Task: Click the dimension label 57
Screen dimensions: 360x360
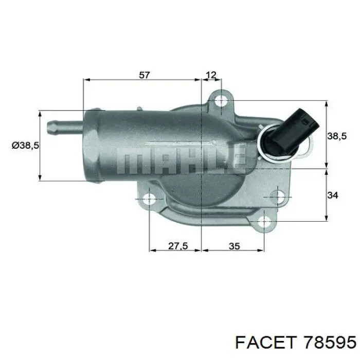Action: [x=145, y=75]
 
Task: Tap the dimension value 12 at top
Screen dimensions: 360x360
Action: [x=211, y=75]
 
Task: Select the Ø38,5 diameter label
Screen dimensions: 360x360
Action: [x=26, y=146]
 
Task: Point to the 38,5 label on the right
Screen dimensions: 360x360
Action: [x=337, y=136]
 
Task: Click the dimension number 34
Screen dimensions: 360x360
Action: [x=333, y=195]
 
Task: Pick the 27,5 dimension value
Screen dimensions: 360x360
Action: [x=178, y=246]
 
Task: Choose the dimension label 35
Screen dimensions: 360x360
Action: [x=235, y=246]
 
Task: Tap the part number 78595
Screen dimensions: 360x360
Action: [x=330, y=343]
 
